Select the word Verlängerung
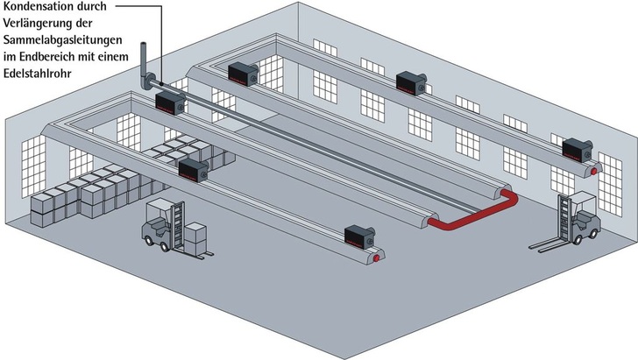click(39, 24)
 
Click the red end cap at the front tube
click(376, 258)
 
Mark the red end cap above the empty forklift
click(595, 171)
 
